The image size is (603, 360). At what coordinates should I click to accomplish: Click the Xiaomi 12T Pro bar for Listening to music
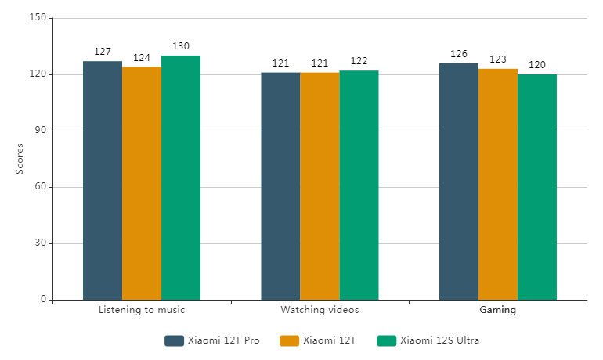pos(103,180)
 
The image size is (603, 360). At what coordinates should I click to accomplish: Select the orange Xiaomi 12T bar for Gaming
pos(498,184)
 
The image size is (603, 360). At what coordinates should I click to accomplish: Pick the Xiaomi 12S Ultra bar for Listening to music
pos(181,178)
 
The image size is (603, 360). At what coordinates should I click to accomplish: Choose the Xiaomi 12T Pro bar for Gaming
pos(459,182)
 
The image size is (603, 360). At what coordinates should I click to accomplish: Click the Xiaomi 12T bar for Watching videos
pos(320,185)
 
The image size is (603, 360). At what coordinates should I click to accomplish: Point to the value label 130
pos(181,46)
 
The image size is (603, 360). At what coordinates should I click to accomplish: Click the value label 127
pos(103,52)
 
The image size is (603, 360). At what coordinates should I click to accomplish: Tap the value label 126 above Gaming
pos(459,54)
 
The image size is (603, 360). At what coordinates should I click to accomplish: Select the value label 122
pos(359,61)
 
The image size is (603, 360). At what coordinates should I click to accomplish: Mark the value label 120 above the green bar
pos(537,65)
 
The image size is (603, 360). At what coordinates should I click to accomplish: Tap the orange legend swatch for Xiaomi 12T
pos(290,340)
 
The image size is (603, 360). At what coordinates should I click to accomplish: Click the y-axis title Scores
pos(20,159)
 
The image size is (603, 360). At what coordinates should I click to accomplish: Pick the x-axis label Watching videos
pos(320,310)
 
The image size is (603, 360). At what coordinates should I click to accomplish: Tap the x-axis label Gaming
pos(498,310)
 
